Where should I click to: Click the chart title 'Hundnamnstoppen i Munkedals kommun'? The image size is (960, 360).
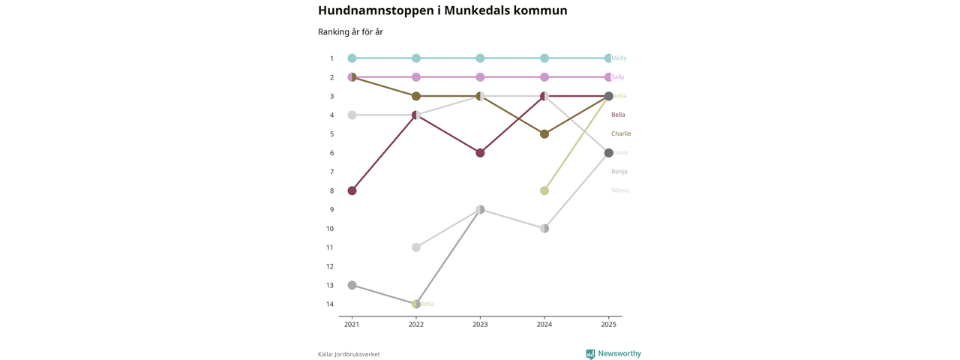(442, 10)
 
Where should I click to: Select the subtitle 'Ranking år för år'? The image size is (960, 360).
(350, 32)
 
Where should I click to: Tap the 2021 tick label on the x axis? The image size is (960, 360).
(352, 325)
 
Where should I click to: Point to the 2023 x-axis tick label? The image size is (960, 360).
(480, 325)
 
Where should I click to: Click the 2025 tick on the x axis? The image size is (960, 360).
(608, 325)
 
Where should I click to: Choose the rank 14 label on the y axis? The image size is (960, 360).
(330, 304)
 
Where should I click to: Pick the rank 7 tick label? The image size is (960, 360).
(331, 172)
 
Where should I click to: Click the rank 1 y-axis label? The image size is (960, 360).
(331, 58)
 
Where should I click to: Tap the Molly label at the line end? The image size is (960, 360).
(619, 58)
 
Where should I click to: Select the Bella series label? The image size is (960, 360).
(618, 115)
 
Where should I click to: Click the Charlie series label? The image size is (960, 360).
(621, 133)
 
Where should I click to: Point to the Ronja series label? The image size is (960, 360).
(619, 172)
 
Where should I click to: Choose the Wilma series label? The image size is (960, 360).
(619, 190)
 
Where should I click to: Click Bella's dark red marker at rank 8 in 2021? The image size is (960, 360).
(352, 190)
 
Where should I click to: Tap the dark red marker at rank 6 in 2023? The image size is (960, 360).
(480, 153)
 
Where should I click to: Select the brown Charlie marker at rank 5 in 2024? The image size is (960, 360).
(544, 134)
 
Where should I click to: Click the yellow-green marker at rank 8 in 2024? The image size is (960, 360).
(544, 190)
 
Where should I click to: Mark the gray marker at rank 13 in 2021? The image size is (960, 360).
(352, 285)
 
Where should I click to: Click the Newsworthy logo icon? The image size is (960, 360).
(590, 354)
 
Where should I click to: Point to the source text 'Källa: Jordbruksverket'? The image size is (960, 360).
(349, 355)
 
